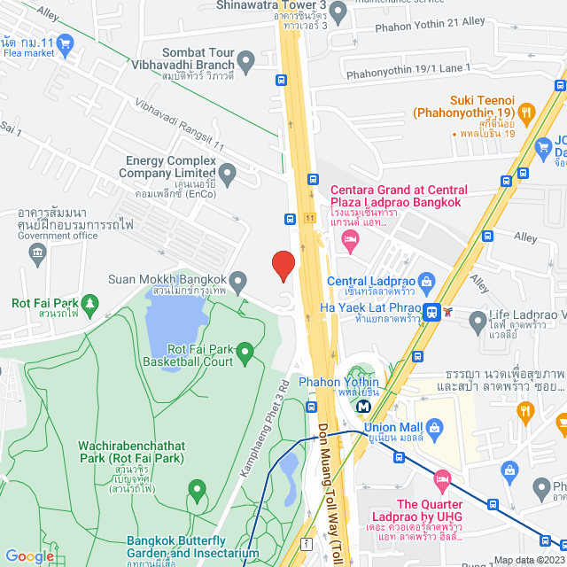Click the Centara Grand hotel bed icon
point(351,241)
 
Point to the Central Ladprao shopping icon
point(426,283)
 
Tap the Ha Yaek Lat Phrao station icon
point(431,311)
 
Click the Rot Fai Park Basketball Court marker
point(245,352)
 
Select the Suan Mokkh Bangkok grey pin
point(237,280)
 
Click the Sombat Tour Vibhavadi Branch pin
point(246,62)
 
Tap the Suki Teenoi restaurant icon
point(526,113)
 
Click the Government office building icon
point(37,255)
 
